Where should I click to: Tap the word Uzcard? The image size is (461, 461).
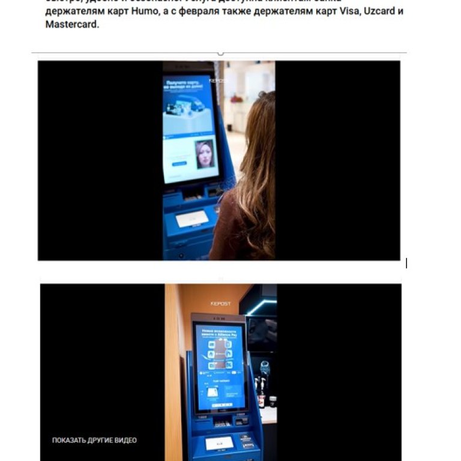(378, 12)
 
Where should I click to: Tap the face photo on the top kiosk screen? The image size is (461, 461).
(204, 154)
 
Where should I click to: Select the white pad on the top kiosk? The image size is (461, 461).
(191, 218)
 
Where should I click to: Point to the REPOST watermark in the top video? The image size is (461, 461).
(218, 80)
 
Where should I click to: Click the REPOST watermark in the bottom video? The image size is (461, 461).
(220, 304)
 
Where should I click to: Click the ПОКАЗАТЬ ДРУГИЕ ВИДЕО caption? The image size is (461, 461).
(94, 440)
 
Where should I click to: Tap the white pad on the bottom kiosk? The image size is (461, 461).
(220, 443)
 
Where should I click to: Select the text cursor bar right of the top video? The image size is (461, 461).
(406, 263)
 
